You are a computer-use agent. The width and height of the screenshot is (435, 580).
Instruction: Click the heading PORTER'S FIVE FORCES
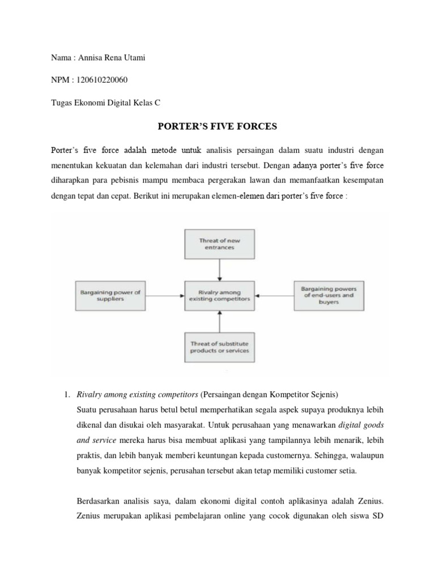click(x=217, y=126)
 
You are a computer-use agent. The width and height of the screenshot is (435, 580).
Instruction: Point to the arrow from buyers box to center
click(x=274, y=296)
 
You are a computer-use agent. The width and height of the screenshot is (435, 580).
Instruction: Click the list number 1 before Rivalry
click(x=66, y=394)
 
